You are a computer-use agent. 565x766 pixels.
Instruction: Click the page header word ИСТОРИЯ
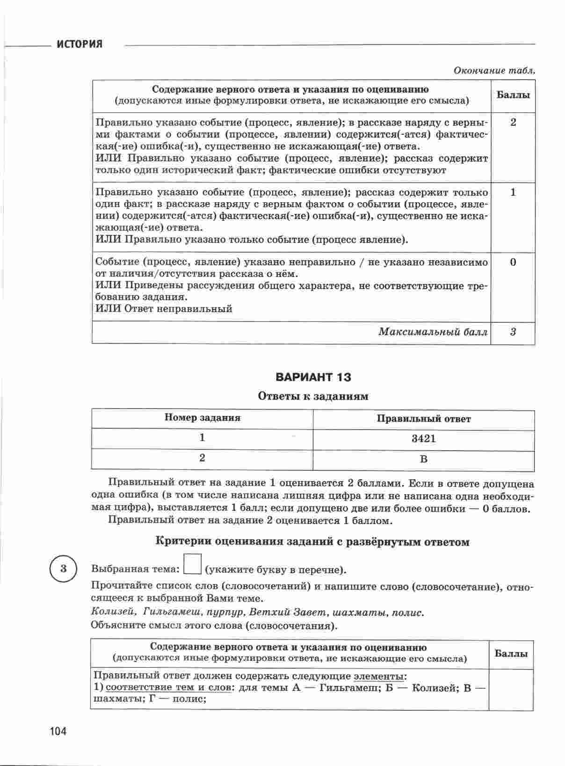(x=80, y=44)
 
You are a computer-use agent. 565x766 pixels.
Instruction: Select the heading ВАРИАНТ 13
(x=313, y=377)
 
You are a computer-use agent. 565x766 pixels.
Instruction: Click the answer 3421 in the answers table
(x=423, y=439)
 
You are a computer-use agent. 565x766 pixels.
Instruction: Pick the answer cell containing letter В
(x=423, y=459)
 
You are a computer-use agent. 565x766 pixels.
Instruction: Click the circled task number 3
(x=64, y=569)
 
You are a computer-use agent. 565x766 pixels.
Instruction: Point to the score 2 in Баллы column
(x=513, y=123)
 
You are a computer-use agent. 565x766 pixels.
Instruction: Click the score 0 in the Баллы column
(x=513, y=262)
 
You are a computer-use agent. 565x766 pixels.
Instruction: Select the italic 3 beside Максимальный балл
(x=513, y=332)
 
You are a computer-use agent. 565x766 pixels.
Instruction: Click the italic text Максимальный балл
(x=433, y=332)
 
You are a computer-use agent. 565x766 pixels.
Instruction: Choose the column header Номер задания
(x=202, y=418)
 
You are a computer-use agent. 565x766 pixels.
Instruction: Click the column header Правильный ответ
(x=424, y=419)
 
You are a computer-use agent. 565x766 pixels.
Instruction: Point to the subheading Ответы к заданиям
(x=313, y=396)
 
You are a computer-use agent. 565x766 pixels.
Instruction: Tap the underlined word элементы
(x=379, y=676)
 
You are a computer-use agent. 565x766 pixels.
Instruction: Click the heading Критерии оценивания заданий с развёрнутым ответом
(x=312, y=542)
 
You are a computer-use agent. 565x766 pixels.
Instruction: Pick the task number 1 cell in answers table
(x=202, y=438)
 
